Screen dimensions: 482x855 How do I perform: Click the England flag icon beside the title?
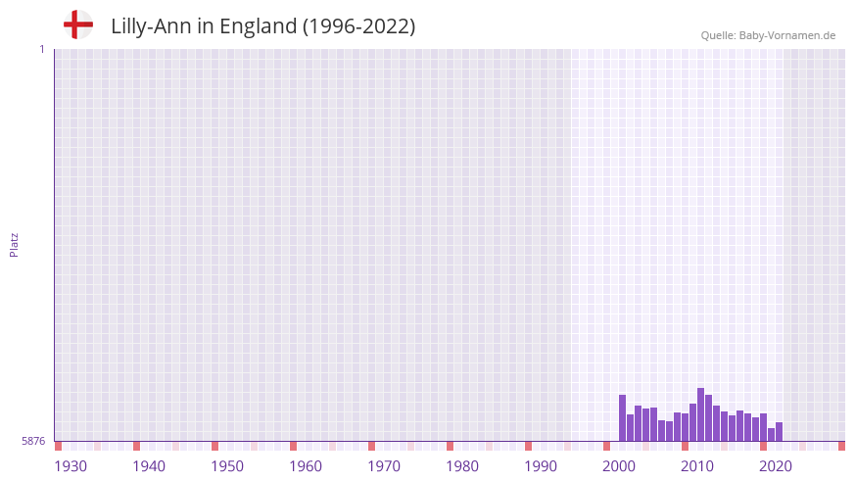coord(78,25)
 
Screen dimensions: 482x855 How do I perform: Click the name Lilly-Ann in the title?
coord(151,26)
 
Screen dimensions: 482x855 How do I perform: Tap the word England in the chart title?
coord(259,26)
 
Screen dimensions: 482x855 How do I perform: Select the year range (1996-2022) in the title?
coord(358,26)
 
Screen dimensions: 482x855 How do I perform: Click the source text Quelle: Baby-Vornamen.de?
coord(768,35)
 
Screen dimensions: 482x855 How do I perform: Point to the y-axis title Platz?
coord(14,245)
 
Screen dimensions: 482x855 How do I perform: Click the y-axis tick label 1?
coord(41,49)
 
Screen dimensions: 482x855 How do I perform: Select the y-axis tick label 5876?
coord(33,442)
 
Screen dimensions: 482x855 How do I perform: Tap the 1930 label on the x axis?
coord(71,466)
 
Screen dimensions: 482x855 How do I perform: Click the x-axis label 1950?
coord(227,466)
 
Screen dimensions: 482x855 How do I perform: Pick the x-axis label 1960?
coord(306,466)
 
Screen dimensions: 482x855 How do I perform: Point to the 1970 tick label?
coord(384,466)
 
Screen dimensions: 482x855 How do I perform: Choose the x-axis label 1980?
coord(462,466)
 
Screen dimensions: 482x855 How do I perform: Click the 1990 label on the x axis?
coord(541,466)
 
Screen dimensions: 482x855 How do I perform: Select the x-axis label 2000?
coord(619,466)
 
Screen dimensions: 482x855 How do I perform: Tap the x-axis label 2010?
coord(697,466)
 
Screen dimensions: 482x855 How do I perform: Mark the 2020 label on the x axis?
coord(776,466)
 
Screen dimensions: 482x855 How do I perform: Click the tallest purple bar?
coord(700,414)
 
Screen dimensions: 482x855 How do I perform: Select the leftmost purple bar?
coord(622,418)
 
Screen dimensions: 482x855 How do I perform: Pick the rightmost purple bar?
coord(779,432)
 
